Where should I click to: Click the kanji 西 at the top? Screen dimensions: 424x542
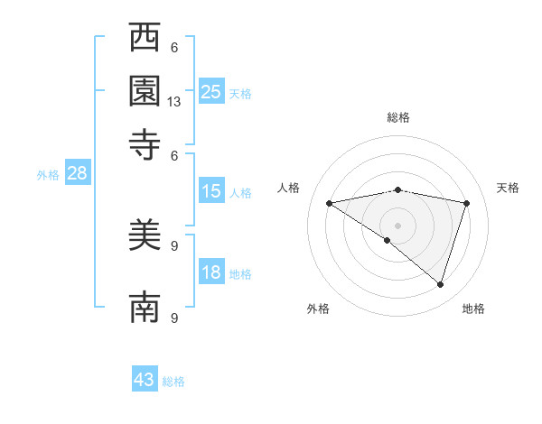[145, 39]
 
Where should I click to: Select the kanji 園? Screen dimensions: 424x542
[145, 91]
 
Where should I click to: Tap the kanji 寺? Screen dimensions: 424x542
[145, 143]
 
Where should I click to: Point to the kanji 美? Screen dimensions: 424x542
[145, 237]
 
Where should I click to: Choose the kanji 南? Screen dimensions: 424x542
[145, 308]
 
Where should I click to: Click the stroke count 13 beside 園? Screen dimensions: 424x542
[174, 103]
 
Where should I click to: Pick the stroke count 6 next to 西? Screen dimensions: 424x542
[174, 48]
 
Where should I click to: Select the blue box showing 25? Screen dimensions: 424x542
[210, 91]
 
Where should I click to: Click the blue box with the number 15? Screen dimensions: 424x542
[210, 191]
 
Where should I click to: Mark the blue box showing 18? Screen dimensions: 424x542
[210, 273]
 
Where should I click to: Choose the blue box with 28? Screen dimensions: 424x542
[77, 174]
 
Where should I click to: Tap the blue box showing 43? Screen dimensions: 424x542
[145, 380]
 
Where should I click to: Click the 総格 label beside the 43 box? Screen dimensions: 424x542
[173, 382]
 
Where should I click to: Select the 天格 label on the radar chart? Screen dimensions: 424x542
[508, 188]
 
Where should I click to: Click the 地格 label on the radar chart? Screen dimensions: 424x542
[473, 309]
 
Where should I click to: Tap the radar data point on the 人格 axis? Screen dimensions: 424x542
[329, 203]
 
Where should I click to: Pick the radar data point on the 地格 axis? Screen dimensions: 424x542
[440, 284]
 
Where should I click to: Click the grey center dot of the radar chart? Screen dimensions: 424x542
[397, 224]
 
